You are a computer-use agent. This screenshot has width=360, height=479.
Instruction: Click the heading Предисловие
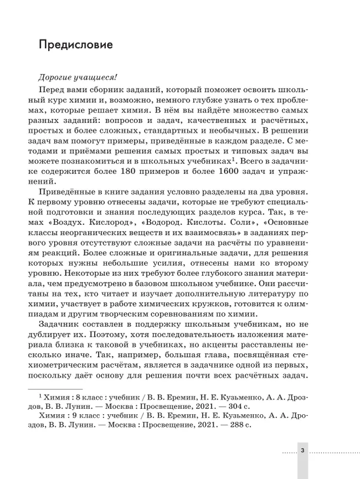point(76,44)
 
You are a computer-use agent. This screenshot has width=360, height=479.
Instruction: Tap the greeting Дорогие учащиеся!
point(70,77)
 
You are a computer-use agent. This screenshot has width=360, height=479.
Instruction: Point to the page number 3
point(302,451)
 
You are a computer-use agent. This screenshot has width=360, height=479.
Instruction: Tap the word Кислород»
point(92,229)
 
